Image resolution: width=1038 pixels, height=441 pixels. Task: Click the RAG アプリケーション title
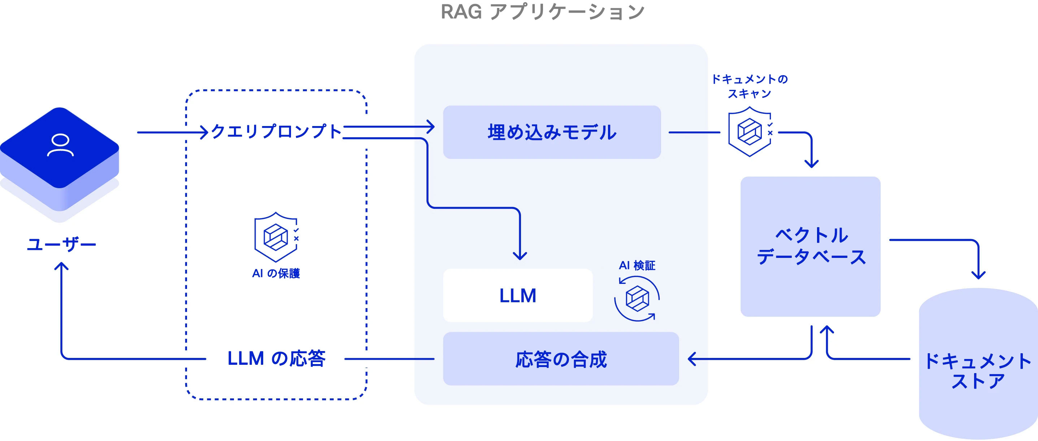[x=543, y=12]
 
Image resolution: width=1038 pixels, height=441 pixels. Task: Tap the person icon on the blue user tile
[x=60, y=145]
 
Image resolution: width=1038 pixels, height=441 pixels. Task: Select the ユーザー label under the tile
[x=61, y=244]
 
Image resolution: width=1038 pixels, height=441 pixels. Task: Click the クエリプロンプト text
[x=277, y=132]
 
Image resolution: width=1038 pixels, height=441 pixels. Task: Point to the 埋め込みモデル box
[x=552, y=132]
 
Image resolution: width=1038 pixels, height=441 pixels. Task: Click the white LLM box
[x=518, y=295]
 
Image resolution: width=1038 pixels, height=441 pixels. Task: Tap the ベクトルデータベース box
[x=810, y=246]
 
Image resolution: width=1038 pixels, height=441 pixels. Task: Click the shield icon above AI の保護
[x=277, y=237]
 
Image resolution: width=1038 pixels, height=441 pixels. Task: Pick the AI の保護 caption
[x=276, y=274]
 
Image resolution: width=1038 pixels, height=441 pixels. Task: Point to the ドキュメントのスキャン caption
[x=750, y=86]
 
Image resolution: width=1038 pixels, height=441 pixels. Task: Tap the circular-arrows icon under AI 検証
[x=637, y=299]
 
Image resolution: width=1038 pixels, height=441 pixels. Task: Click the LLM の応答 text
[x=277, y=358]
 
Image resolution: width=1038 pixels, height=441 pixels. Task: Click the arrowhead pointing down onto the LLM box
[x=520, y=256]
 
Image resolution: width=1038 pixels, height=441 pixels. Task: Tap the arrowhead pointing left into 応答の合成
[x=691, y=359]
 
